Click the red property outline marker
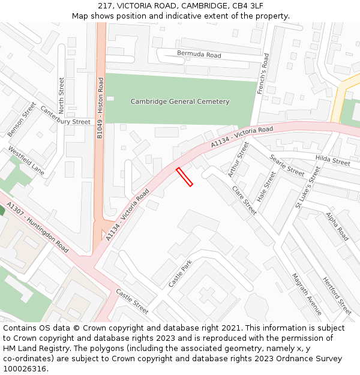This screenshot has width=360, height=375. point(184,177)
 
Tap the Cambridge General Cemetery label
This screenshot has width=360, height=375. point(180,101)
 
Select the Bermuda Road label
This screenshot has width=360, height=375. point(199,55)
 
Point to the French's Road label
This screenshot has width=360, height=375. point(262,74)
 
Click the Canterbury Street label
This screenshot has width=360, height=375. point(65,115)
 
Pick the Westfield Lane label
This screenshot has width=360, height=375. point(26,161)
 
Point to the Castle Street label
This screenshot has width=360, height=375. point(132,301)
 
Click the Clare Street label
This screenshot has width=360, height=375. point(244,200)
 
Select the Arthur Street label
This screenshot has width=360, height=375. point(238,160)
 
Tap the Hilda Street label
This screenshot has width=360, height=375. point(332,160)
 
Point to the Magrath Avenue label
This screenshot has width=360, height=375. point(307,293)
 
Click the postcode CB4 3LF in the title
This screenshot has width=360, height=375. point(247,5)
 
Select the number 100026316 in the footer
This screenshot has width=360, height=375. point(25,369)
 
